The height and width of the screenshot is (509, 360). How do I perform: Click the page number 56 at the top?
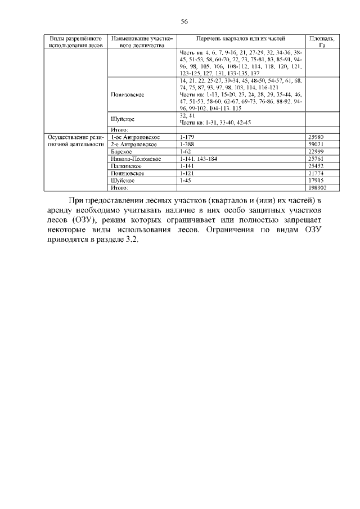(x=183, y=21)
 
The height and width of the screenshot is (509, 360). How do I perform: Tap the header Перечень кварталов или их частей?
(x=240, y=38)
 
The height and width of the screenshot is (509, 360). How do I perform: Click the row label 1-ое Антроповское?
(x=136, y=137)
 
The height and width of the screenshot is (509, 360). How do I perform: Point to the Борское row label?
(x=121, y=152)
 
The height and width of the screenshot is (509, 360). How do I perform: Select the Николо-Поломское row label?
(x=136, y=159)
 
